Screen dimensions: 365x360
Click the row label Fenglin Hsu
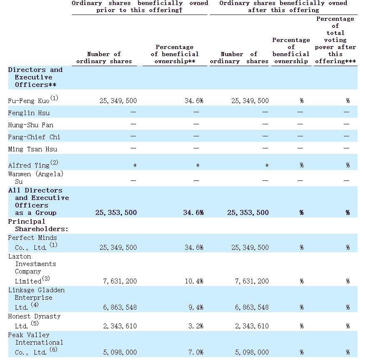(29, 113)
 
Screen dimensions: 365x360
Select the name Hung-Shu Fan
(31, 125)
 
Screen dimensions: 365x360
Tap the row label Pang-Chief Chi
(34, 137)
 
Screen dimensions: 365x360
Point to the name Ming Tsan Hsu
(32, 149)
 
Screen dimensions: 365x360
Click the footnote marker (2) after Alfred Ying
(54, 162)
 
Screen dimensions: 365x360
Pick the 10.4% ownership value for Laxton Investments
(194, 281)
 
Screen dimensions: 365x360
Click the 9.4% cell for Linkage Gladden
(196, 308)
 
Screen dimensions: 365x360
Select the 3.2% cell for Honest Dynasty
(196, 326)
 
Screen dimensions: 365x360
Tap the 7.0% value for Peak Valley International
(196, 353)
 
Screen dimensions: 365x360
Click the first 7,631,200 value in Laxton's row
(120, 281)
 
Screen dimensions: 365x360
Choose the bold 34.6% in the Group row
(194, 212)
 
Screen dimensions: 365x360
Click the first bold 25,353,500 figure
(116, 212)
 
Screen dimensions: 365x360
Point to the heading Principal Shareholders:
(38, 225)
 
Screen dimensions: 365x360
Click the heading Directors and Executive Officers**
(35, 77)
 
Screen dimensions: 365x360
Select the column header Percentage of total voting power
(335, 40)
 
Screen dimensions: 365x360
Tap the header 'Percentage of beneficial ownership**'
(175, 54)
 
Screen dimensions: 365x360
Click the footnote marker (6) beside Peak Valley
(53, 349)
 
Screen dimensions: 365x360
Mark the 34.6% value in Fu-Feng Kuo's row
(194, 101)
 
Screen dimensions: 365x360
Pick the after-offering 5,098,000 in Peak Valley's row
(252, 353)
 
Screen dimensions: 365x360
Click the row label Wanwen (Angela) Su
(36, 178)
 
